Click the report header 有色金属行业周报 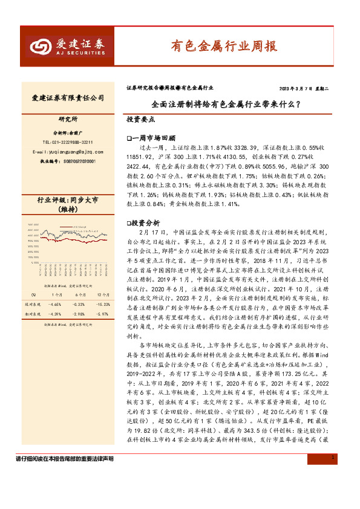pos(223,45)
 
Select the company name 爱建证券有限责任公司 pos(68,98)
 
